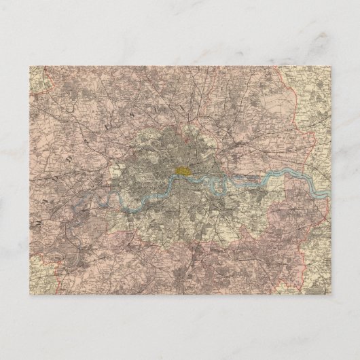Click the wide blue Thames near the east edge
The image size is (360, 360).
(299, 175)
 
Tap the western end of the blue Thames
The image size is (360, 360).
(102, 202)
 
